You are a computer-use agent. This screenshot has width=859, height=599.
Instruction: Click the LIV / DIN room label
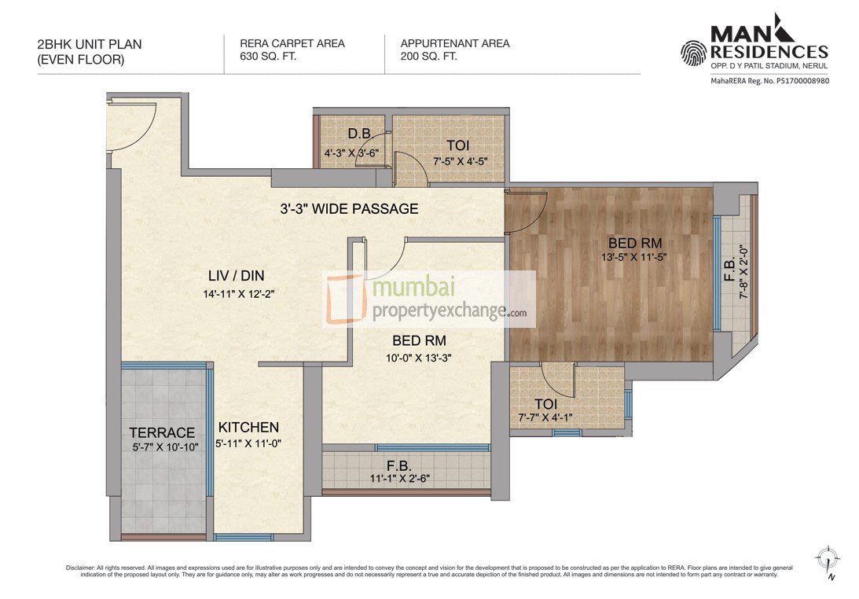pyautogui.click(x=236, y=275)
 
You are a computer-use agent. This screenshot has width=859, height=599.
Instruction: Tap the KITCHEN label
pyautogui.click(x=248, y=427)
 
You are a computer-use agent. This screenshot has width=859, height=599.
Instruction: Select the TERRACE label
pyautogui.click(x=162, y=432)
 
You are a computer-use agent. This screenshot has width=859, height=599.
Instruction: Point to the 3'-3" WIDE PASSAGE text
pyautogui.click(x=349, y=209)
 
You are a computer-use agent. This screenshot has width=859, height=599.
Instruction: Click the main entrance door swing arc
pyautogui.click(x=130, y=126)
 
